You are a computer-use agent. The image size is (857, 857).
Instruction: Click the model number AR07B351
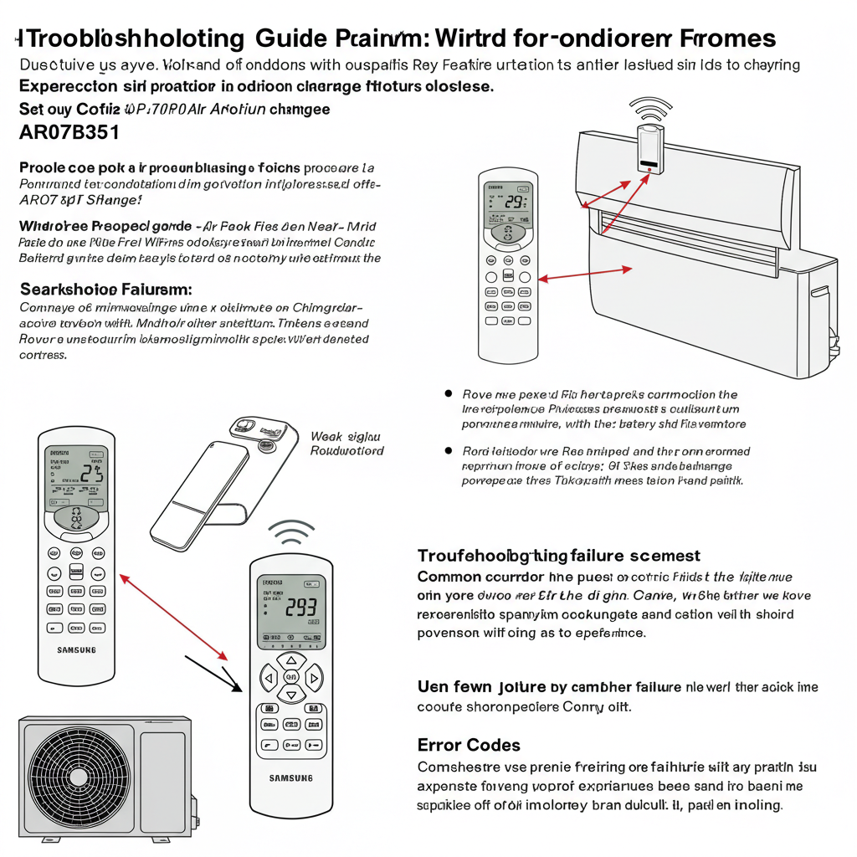(x=69, y=131)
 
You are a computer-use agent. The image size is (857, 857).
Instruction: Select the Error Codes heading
(x=469, y=745)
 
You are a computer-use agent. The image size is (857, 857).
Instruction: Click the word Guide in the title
(x=290, y=38)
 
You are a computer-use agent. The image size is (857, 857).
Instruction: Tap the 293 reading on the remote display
(x=300, y=608)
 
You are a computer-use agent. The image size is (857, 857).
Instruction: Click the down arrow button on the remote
(x=291, y=694)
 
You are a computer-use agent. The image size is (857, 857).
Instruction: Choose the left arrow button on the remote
(x=269, y=676)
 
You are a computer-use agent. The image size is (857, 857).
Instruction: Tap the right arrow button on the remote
(x=314, y=676)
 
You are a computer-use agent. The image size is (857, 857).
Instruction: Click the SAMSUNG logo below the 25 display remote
(x=76, y=649)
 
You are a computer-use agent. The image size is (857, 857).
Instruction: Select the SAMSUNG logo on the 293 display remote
(x=291, y=778)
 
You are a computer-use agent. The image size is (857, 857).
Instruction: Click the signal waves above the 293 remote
(x=290, y=533)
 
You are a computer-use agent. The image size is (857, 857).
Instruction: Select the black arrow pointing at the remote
(x=213, y=671)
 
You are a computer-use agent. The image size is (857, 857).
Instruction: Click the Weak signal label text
(x=346, y=443)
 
